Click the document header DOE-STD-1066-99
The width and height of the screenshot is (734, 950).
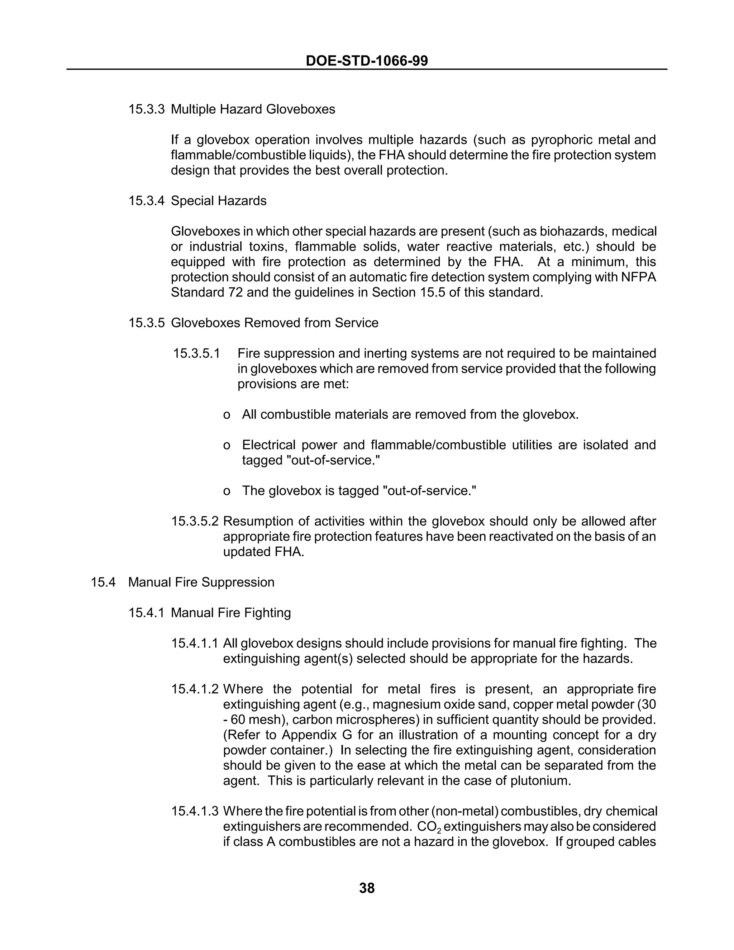pyautogui.click(x=367, y=61)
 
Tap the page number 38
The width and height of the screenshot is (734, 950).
pyautogui.click(x=367, y=888)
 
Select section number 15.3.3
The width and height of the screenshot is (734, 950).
pyautogui.click(x=146, y=109)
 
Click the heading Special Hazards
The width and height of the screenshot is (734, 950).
pyautogui.click(x=218, y=201)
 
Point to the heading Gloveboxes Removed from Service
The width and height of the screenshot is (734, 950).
pyautogui.click(x=275, y=323)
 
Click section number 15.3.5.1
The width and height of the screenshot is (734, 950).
pyautogui.click(x=196, y=353)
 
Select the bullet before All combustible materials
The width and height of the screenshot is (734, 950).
pyautogui.click(x=226, y=414)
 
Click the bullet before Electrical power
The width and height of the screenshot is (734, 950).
pyautogui.click(x=226, y=445)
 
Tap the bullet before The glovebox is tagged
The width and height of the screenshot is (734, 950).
pyautogui.click(x=226, y=491)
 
